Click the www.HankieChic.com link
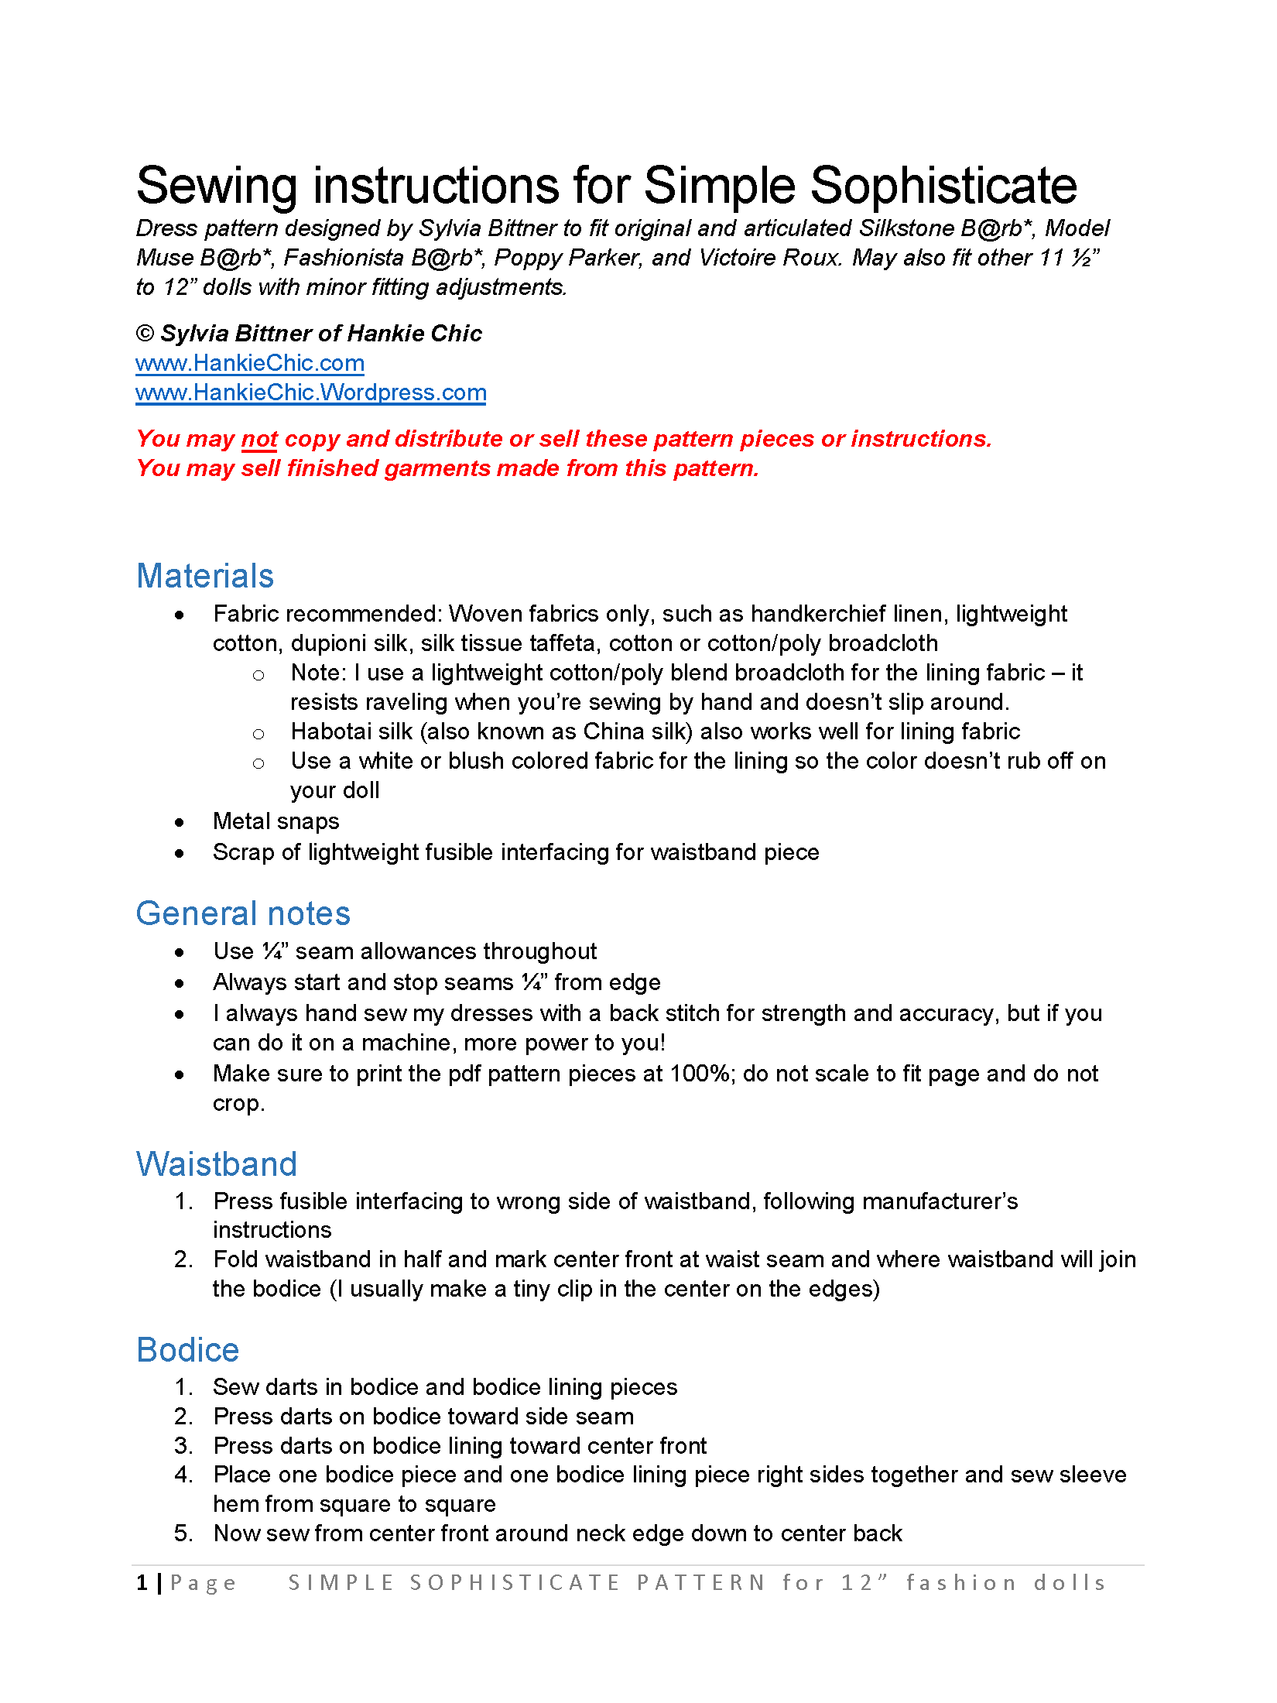point(249,363)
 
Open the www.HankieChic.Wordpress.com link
point(310,392)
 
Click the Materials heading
point(205,576)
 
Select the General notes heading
point(243,913)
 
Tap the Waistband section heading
point(217,1164)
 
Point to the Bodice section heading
point(188,1350)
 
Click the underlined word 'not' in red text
point(259,439)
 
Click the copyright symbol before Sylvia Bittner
point(145,334)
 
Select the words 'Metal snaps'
point(276,821)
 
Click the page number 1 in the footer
point(142,1583)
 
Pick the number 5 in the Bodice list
point(182,1533)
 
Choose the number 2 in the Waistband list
point(182,1259)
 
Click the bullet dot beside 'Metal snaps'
point(180,822)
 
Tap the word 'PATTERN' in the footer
point(701,1583)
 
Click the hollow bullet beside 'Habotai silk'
point(258,734)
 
